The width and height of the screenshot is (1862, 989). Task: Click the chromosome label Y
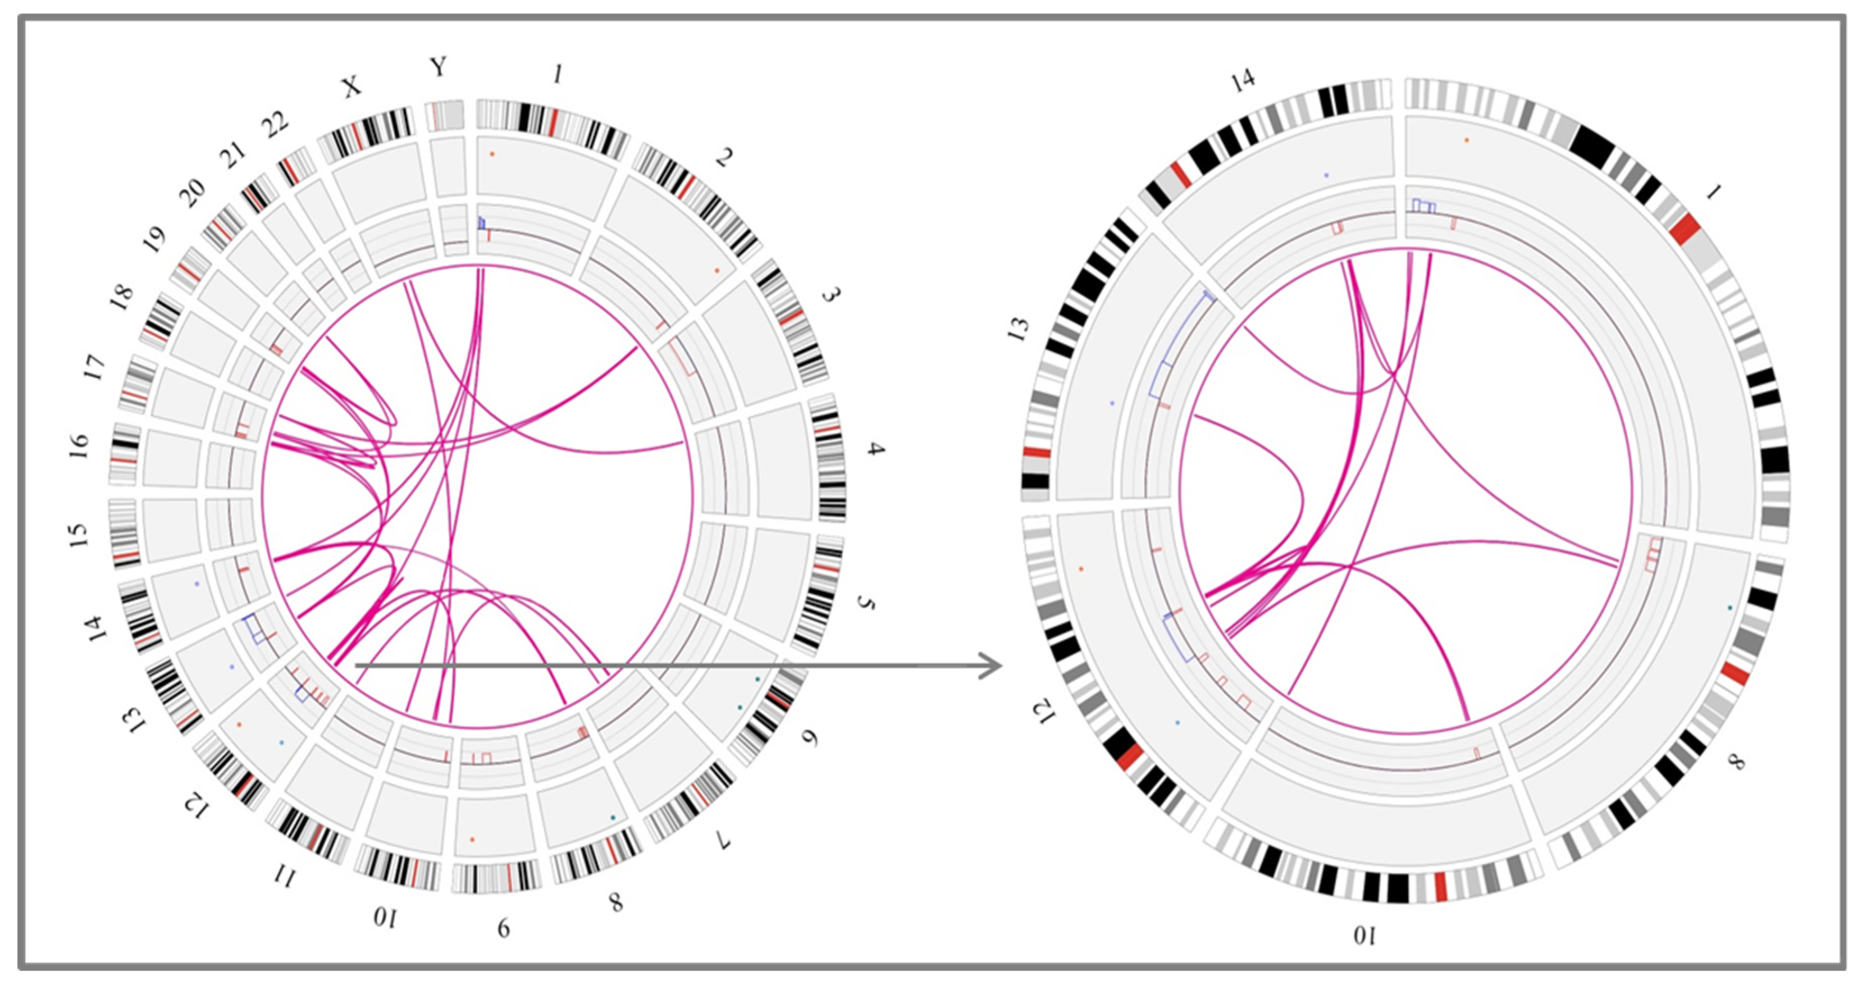[x=438, y=67]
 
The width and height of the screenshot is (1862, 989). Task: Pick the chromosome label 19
[x=154, y=239]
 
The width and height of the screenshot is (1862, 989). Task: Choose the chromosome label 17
[x=95, y=367]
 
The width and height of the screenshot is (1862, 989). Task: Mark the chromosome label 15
[x=77, y=534]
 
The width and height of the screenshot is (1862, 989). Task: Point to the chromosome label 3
[x=833, y=295]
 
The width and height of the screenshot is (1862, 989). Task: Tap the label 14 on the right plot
[x=1243, y=80]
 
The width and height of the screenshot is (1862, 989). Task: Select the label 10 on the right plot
[x=1364, y=936]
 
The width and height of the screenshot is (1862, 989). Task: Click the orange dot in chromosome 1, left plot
[x=491, y=154]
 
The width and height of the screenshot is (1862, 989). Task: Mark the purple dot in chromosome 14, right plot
[x=1326, y=175]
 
